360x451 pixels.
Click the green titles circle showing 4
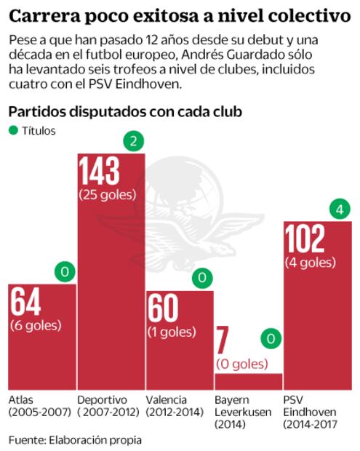pos(337,211)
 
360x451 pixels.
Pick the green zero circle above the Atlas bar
pos(65,273)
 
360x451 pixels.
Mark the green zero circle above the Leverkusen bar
pos(269,339)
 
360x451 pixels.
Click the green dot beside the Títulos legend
pos(12,132)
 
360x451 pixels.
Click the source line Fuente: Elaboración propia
pos(75,439)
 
